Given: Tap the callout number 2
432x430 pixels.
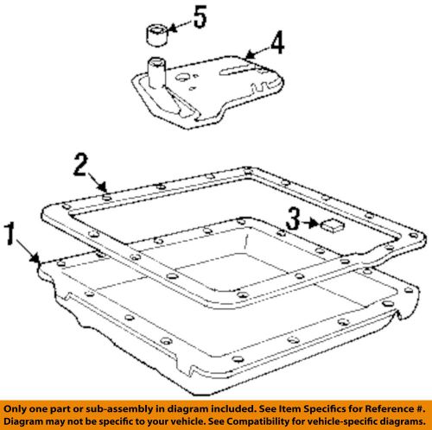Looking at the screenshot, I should coord(79,162).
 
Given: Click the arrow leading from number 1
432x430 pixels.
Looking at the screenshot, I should coord(33,254).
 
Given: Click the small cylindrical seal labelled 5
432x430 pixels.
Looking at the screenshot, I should coord(156,35).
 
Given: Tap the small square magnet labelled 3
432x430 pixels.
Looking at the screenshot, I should coord(332,226).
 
